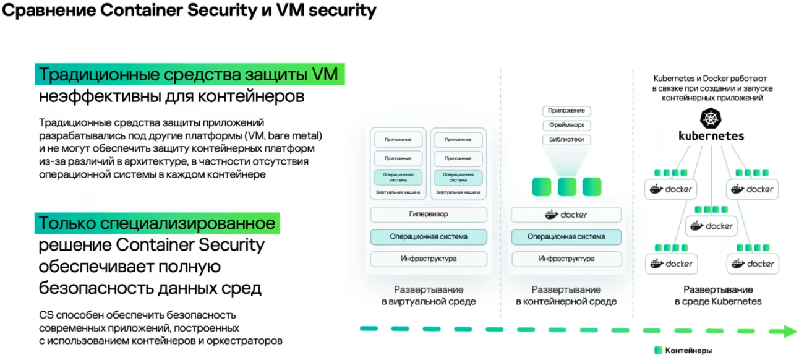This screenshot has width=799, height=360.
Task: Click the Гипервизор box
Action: tap(429, 215)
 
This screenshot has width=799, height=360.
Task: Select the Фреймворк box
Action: tap(566, 126)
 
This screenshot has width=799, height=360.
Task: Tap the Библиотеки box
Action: tap(566, 140)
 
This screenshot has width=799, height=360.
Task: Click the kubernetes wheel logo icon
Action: tap(711, 118)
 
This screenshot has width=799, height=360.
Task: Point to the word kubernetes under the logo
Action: tap(711, 135)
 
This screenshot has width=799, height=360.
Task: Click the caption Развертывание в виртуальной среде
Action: tap(429, 296)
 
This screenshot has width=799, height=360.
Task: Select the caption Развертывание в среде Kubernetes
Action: tap(718, 296)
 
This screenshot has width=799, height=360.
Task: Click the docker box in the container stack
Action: tap(566, 215)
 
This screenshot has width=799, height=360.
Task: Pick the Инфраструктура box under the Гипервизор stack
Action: tap(429, 259)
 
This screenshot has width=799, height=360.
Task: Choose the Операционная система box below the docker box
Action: tap(566, 237)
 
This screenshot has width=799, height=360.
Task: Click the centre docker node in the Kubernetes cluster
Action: tap(711, 226)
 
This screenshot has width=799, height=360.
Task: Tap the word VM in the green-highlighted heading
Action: tap(325, 75)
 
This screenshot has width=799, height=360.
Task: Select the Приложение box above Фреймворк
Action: tap(566, 111)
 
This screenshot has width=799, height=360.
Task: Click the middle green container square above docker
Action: tap(566, 187)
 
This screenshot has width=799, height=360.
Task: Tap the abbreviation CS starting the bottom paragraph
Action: tap(46, 315)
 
